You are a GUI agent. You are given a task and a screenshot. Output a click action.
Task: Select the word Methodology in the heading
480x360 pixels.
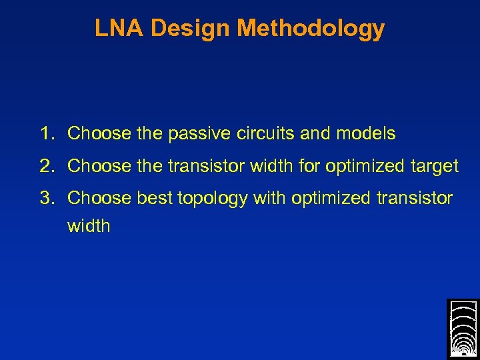coord(311,29)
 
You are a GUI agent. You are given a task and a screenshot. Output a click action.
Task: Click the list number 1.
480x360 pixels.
coord(45,133)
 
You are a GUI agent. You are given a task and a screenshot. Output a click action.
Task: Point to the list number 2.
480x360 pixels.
coord(45,166)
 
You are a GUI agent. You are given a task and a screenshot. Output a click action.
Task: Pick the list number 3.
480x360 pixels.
coord(45,198)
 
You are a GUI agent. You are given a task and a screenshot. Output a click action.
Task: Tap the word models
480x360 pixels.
coord(365,133)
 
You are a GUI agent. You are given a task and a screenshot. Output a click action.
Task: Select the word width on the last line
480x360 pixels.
coord(89,226)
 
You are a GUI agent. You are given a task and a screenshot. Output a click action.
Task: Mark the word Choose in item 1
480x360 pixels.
coord(99,133)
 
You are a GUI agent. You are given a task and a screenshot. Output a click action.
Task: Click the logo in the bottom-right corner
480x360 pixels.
coord(463,329)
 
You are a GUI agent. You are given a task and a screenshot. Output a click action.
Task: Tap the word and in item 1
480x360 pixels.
coord(315,133)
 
